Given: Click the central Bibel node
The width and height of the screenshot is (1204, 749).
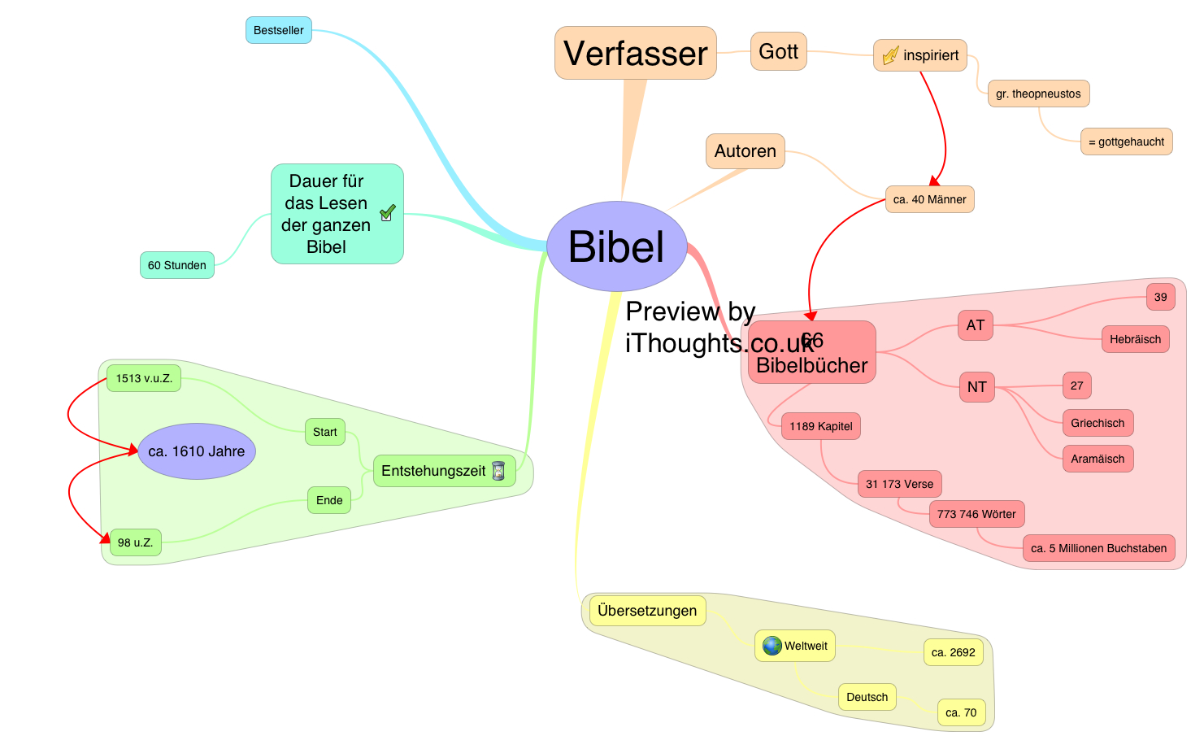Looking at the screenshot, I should [616, 246].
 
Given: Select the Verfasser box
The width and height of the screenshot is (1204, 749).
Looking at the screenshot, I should [635, 54].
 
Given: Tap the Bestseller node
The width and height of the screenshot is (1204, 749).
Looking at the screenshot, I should [278, 30].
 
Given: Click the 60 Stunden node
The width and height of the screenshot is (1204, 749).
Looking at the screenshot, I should [176, 265].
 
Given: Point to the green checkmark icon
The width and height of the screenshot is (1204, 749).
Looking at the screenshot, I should [388, 212].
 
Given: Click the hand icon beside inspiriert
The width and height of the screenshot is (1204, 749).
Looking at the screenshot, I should [890, 55].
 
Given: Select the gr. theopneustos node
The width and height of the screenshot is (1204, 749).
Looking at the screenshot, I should [1038, 94].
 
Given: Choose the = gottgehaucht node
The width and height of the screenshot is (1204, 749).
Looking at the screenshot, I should [1126, 142].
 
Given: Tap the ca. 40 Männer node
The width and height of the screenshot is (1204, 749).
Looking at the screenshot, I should [929, 199].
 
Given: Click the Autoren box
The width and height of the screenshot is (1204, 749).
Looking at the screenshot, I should [745, 151].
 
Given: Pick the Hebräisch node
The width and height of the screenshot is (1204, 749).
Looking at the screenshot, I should [1135, 339].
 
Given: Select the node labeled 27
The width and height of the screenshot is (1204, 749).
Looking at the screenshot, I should [1076, 385].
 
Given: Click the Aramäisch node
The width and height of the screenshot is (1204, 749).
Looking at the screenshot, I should [1098, 459].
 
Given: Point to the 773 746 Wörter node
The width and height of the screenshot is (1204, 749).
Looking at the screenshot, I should [976, 514].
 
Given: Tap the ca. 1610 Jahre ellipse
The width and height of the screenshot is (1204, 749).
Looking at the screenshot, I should [197, 451].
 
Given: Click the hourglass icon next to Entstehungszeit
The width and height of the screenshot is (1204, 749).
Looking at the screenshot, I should [498, 471].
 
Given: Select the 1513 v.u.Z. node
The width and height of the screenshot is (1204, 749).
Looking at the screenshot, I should [144, 378].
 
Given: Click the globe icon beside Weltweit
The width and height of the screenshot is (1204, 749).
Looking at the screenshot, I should [772, 646].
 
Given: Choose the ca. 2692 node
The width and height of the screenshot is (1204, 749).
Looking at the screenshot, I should [953, 652].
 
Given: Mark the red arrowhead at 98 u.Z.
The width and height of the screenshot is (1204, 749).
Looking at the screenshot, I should [105, 538].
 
